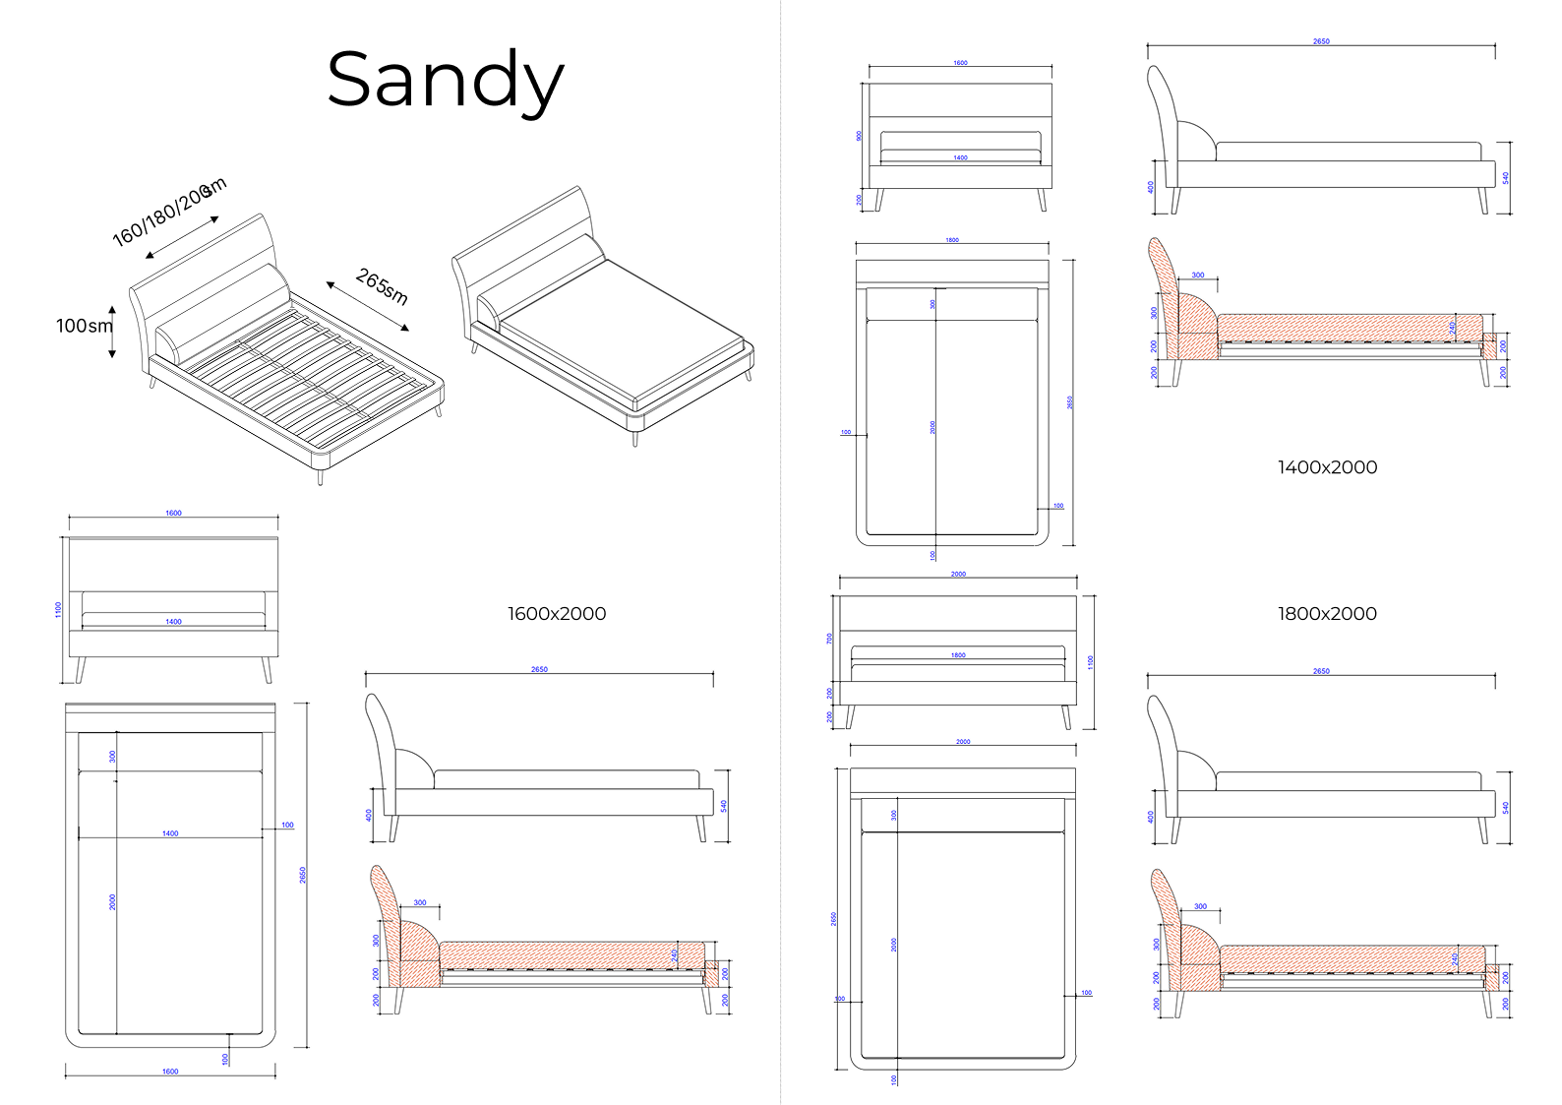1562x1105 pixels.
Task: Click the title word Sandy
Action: [445, 81]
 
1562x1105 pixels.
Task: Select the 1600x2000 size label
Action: [557, 614]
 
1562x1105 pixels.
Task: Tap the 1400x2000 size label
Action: [1327, 468]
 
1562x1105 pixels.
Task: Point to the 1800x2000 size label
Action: [1327, 614]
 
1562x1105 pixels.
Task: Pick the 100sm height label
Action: [84, 326]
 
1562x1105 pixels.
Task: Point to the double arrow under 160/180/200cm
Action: [183, 236]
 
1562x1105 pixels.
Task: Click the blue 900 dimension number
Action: [859, 136]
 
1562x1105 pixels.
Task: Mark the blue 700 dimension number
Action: [830, 639]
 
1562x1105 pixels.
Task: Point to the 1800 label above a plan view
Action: [952, 240]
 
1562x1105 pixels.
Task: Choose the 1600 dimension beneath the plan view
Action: [170, 1072]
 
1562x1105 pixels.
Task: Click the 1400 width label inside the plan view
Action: [170, 833]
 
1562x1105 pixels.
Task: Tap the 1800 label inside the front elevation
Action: [958, 655]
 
